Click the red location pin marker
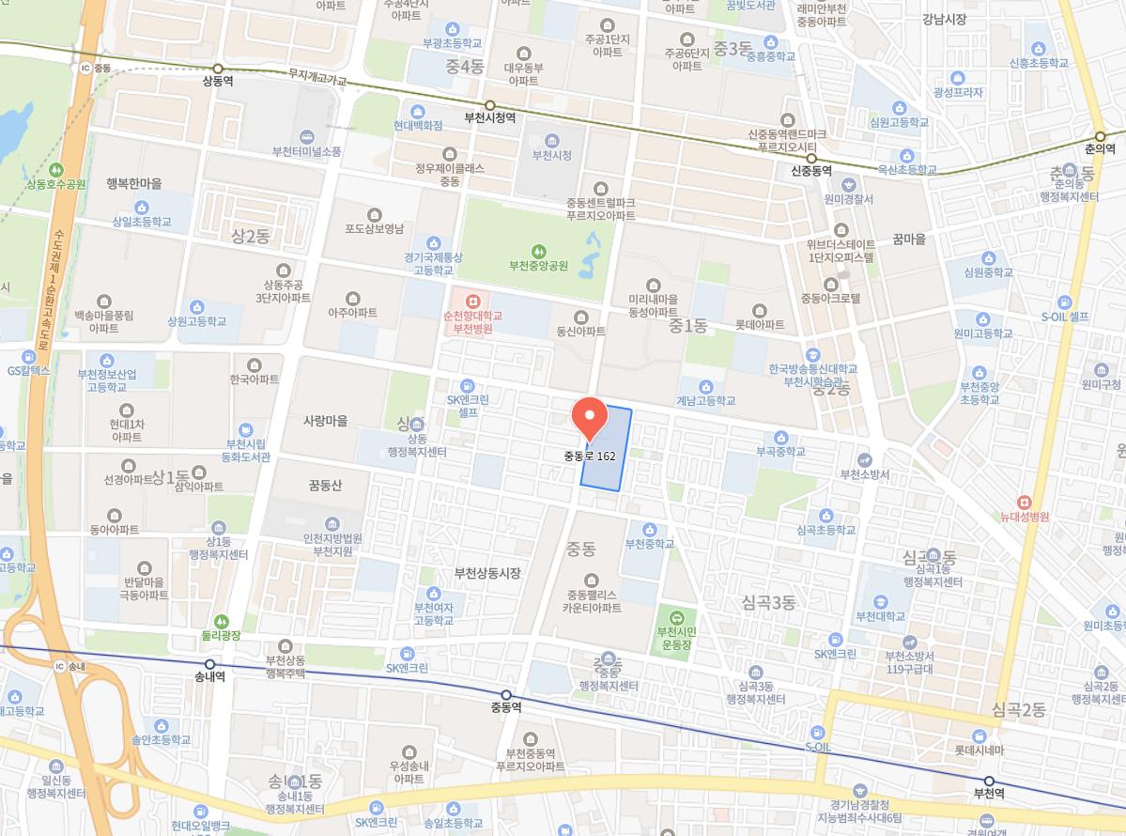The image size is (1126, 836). click(x=589, y=418)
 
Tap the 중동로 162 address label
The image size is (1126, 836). click(x=590, y=456)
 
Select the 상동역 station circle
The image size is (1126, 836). click(x=218, y=69)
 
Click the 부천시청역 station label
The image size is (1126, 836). click(x=490, y=118)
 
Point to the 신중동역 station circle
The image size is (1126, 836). click(x=812, y=158)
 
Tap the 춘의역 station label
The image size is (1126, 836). click(x=1100, y=149)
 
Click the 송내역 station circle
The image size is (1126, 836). click(x=209, y=664)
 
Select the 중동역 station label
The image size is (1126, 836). click(x=505, y=707)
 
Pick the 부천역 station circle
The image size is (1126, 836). click(x=989, y=781)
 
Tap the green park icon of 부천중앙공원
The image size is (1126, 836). click(x=538, y=251)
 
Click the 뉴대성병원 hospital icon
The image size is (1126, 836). click(x=1024, y=503)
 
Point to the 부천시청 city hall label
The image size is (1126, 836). click(x=551, y=155)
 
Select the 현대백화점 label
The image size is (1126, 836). click(x=418, y=125)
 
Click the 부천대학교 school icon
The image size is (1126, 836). click(x=881, y=602)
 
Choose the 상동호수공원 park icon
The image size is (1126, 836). click(x=56, y=170)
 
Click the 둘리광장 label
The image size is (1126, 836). click(x=221, y=635)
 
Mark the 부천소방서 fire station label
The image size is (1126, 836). click(x=865, y=473)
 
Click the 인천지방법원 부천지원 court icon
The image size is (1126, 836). click(x=332, y=524)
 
